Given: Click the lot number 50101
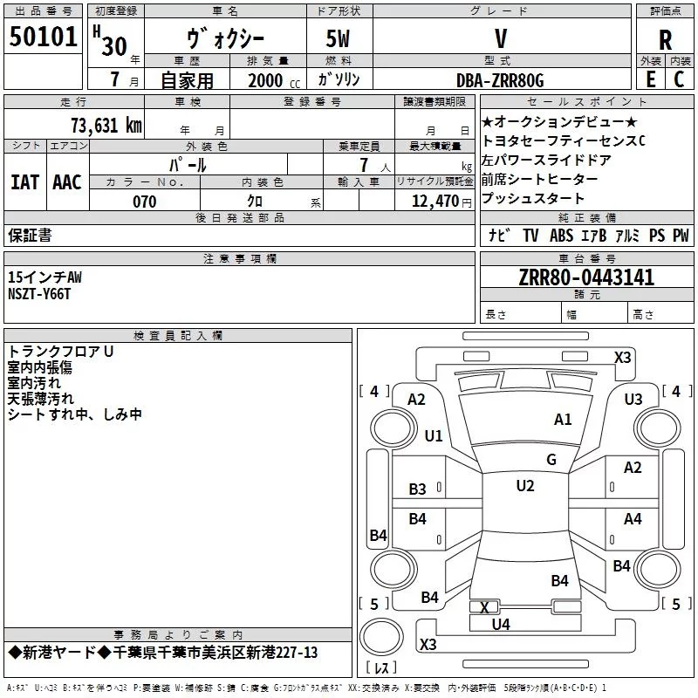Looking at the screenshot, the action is point(43,37).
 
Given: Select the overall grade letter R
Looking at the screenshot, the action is point(665,40).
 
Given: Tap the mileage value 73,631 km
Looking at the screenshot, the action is point(106,126).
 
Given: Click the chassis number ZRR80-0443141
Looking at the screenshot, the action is point(586,277).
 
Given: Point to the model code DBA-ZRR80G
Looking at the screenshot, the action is point(500,80).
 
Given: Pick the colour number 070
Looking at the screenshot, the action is point(144,202).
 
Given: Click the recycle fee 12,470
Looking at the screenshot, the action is point(435,202).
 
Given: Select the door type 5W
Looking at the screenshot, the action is point(338,38).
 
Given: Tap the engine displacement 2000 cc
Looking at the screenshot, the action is point(274,80).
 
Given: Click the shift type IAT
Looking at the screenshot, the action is point(24,182).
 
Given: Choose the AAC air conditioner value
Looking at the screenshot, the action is point(67,182).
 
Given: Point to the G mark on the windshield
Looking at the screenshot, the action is point(551,459).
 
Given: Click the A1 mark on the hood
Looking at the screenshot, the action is point(563,420).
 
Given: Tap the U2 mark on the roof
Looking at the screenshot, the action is point(525,486).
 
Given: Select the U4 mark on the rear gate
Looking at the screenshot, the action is point(501,625).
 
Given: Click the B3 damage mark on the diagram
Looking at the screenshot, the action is point(417,489).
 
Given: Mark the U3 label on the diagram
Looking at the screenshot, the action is point(633,400).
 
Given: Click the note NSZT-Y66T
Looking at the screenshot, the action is point(39,294).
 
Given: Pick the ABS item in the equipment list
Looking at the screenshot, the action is point(561,235).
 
